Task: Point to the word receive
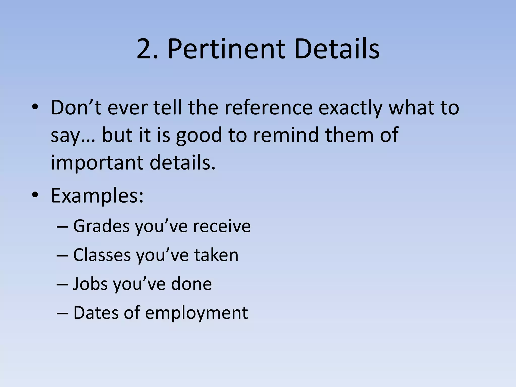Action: pos(222,226)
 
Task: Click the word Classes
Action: pos(102,255)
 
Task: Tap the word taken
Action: pos(216,255)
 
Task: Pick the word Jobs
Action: pos(90,284)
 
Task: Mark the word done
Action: pos(191,284)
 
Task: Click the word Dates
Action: pos(96,313)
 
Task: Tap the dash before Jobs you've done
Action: pos(62,284)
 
